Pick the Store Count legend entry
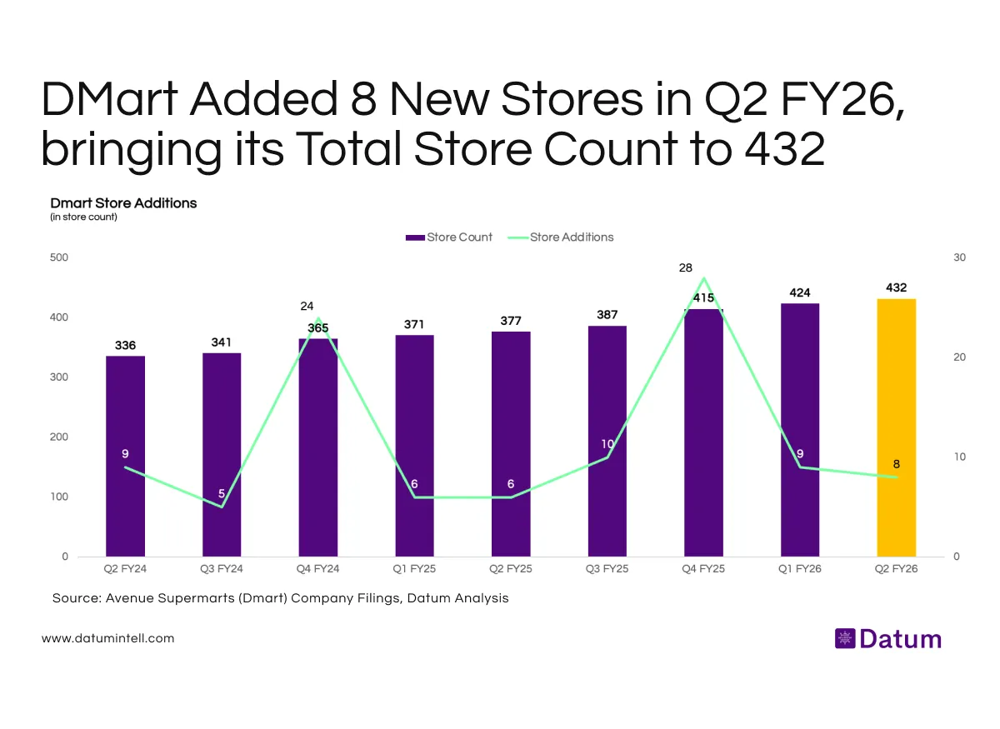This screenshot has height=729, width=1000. pos(449,237)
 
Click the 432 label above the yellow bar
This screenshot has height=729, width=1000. pos(896,287)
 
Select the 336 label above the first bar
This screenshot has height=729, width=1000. pos(125,345)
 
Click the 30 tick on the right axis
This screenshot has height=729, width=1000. pos(959,257)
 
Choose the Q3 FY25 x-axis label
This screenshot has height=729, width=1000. pos(607,569)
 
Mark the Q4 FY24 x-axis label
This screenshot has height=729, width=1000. pos(317,569)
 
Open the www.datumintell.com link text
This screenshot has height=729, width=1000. pos(107,638)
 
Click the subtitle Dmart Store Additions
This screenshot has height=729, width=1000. pos(123,202)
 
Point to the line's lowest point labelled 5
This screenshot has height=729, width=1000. pos(222,506)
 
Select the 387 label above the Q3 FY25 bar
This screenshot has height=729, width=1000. pos(607,315)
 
